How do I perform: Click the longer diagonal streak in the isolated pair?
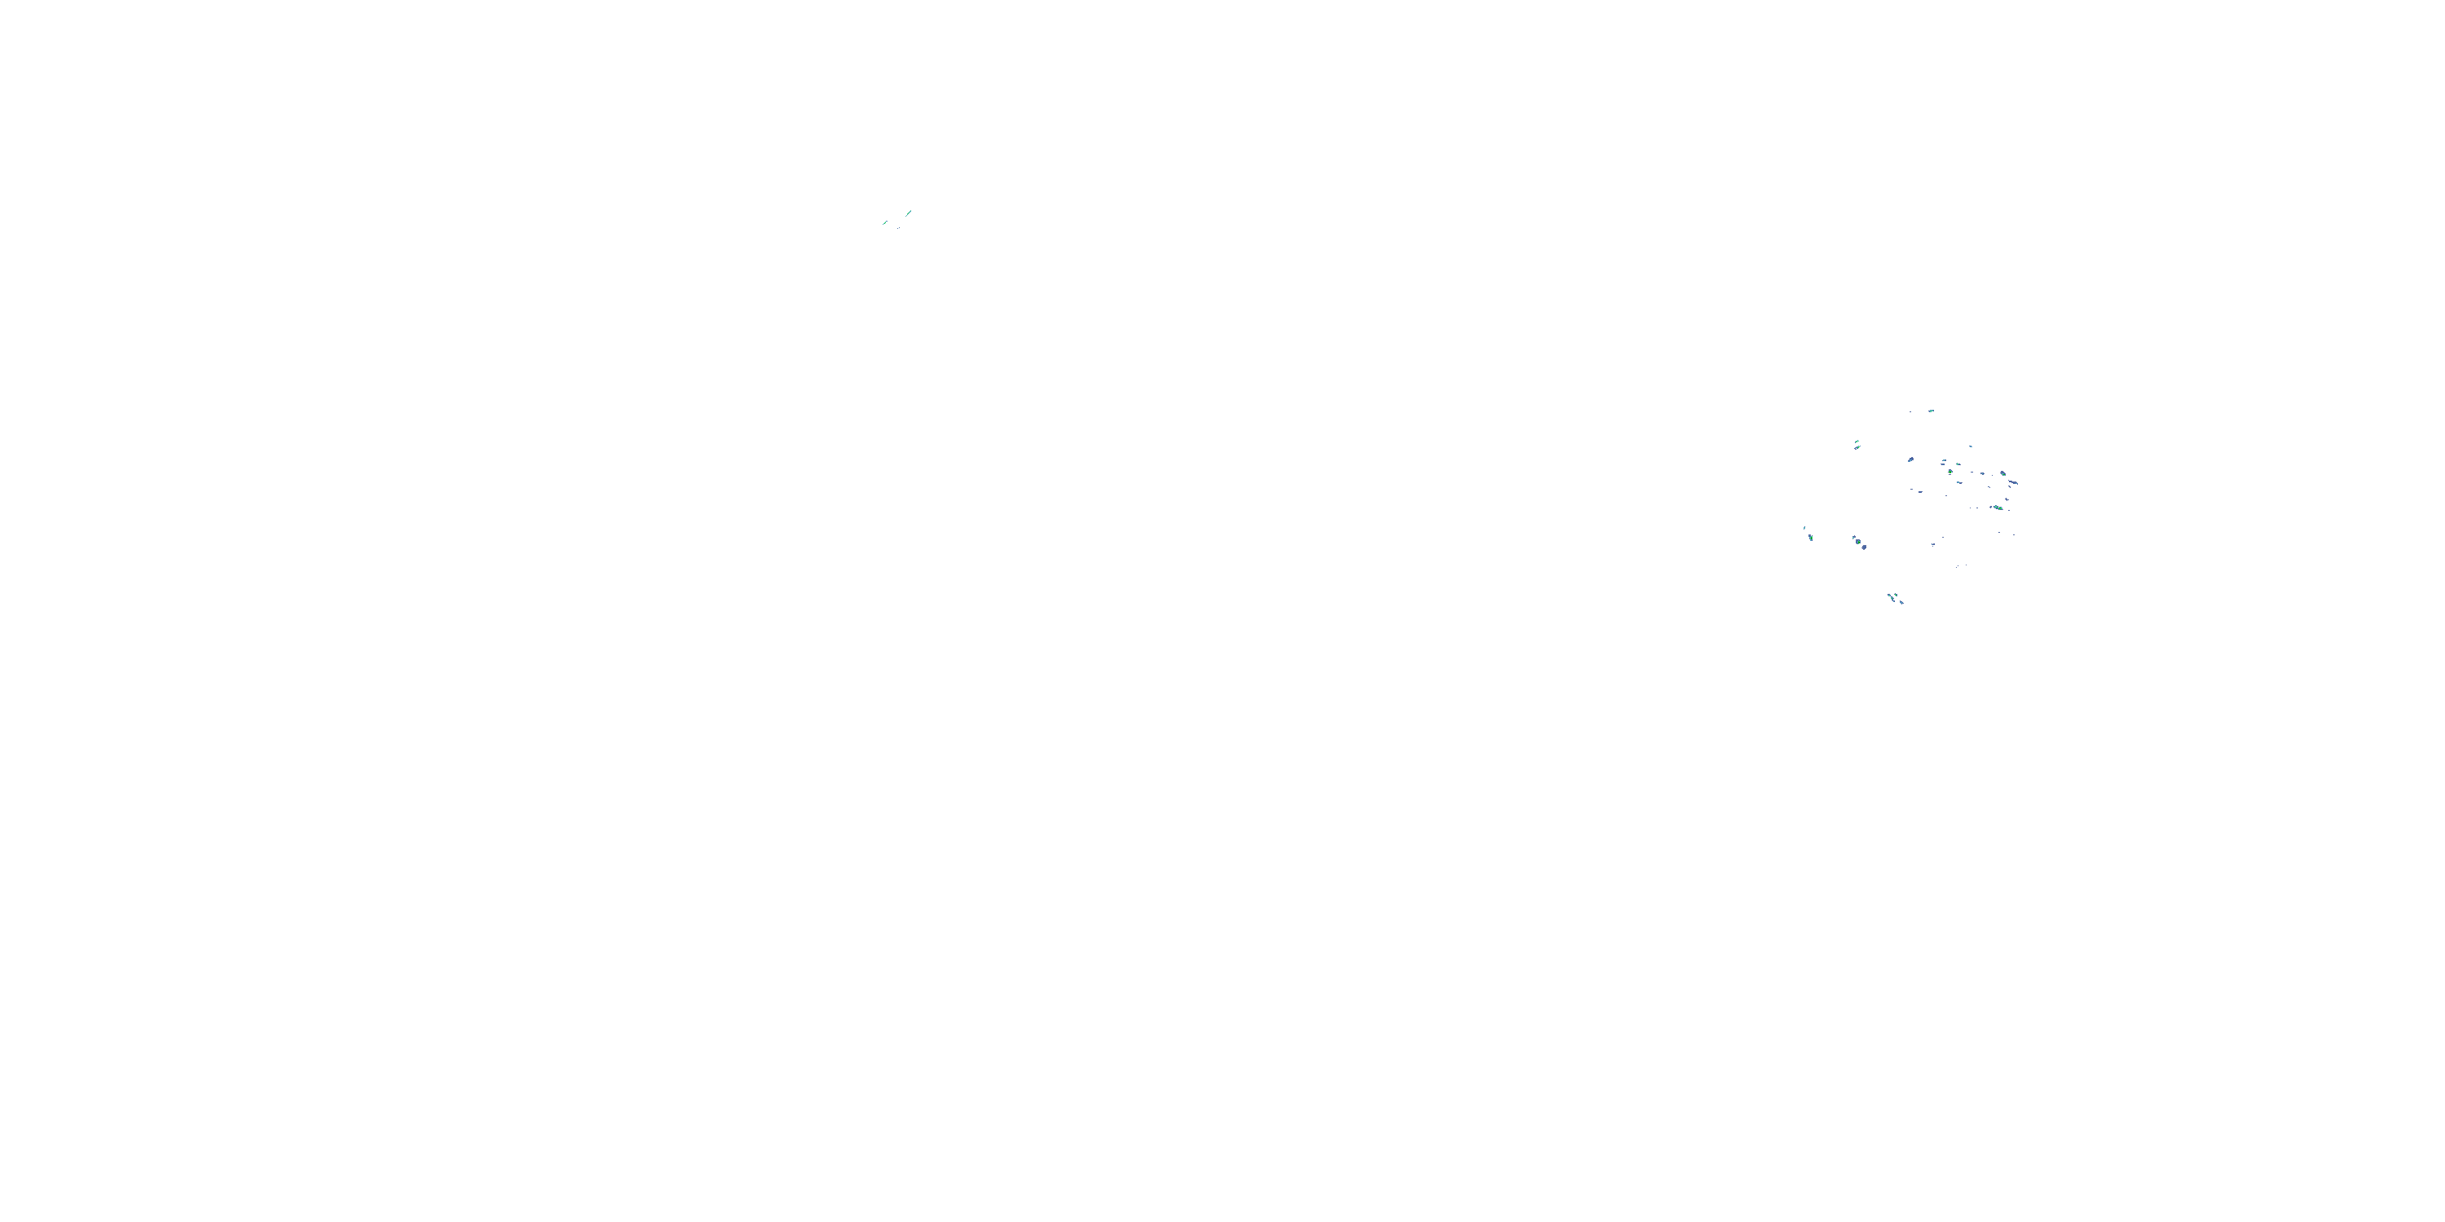pyautogui.click(x=910, y=213)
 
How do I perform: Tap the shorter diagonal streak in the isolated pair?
pyautogui.click(x=886, y=223)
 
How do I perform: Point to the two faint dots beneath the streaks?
pyautogui.click(x=899, y=229)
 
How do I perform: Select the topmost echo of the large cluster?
pyautogui.click(x=1932, y=411)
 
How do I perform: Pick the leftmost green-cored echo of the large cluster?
pyautogui.click(x=1811, y=538)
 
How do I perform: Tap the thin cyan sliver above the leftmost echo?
pyautogui.click(x=1804, y=529)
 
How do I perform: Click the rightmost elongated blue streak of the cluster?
pyautogui.click(x=2013, y=482)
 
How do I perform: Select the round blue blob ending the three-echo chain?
pyautogui.click(x=1864, y=547)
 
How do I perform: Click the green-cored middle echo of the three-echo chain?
pyautogui.click(x=1858, y=543)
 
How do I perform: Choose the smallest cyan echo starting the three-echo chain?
pyautogui.click(x=1853, y=538)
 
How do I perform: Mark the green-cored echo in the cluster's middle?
pyautogui.click(x=1950, y=472)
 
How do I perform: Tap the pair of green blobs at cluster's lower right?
pyautogui.click(x=1998, y=508)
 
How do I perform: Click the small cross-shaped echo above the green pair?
pyautogui.click(x=2007, y=500)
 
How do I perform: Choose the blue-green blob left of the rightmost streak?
pyautogui.click(x=2002, y=473)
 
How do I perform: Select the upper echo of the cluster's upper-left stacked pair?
pyautogui.click(x=1857, y=442)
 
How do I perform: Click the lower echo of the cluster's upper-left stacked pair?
pyautogui.click(x=1857, y=448)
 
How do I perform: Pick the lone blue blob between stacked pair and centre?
pyautogui.click(x=1910, y=459)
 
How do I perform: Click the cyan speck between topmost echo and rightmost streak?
pyautogui.click(x=1971, y=447)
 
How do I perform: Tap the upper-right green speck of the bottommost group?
pyautogui.click(x=1897, y=595)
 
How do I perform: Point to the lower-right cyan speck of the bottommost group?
pyautogui.click(x=1902, y=603)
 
